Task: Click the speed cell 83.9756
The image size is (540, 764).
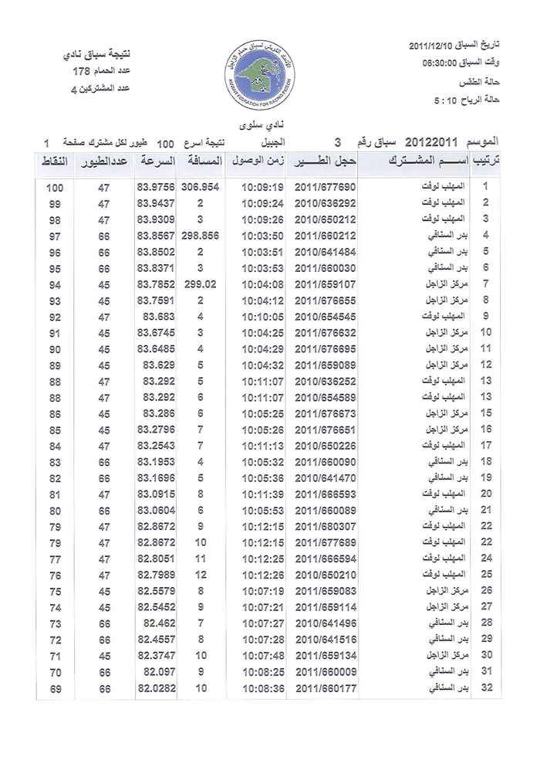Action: coord(155,188)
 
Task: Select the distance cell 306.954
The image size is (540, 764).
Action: coord(201,188)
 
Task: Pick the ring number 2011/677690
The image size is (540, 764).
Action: coord(325,188)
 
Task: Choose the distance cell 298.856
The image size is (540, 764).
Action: coord(201,235)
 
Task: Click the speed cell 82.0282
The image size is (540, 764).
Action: coord(155,687)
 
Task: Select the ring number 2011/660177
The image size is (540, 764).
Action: coord(325,687)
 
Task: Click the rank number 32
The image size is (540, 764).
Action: coord(487,687)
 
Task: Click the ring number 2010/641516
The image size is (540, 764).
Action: coord(325,639)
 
